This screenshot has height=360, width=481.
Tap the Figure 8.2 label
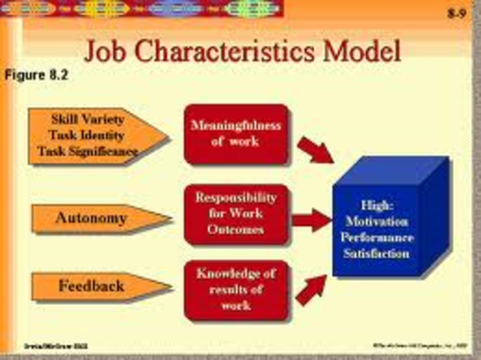(x=37, y=75)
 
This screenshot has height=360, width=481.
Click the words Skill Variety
(x=88, y=119)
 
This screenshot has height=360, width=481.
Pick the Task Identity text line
(x=88, y=135)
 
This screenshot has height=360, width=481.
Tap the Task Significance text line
(x=89, y=151)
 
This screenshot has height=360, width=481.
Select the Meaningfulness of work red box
(x=235, y=133)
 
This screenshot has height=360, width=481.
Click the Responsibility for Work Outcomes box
(x=235, y=213)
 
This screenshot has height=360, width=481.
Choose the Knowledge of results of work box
(x=235, y=289)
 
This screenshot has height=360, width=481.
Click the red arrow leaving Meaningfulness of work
(x=315, y=149)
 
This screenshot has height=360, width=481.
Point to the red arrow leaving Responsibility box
(x=310, y=220)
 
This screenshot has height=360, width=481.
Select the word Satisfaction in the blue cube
(x=377, y=253)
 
